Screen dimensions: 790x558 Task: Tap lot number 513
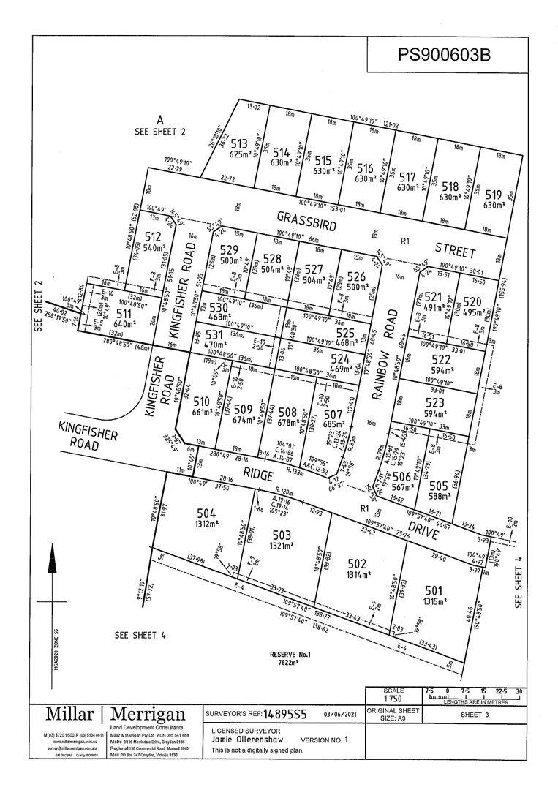pos(238,144)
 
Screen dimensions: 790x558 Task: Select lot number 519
pos(494,195)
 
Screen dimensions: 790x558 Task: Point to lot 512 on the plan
pos(152,236)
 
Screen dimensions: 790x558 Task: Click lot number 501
pos(434,590)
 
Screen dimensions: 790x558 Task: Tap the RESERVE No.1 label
pos(291,653)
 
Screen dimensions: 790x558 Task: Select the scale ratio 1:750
pos(393,699)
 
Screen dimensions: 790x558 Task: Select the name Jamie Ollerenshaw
pos(247,740)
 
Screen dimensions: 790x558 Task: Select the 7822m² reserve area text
pos(290,663)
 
